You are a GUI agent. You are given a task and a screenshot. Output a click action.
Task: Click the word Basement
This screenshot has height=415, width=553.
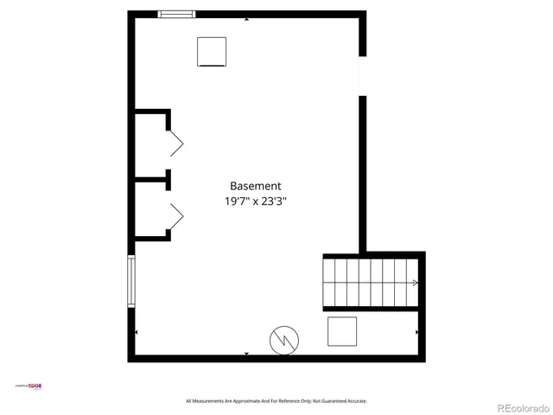click(x=255, y=186)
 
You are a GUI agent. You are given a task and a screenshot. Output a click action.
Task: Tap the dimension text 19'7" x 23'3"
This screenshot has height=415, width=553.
click(x=255, y=201)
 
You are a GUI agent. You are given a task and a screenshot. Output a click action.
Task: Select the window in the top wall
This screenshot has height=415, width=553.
click(x=176, y=14)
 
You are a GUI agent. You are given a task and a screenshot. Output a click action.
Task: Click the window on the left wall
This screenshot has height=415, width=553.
click(x=131, y=280)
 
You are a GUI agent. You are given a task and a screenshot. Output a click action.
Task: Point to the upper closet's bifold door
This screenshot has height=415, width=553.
click(x=176, y=143)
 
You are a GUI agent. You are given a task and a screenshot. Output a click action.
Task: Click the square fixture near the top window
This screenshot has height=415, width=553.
click(x=212, y=52)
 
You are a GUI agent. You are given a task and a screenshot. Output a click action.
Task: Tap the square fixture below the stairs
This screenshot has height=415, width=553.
click(x=342, y=331)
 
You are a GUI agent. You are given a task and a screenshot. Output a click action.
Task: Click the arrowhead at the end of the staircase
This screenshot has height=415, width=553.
click(x=415, y=283)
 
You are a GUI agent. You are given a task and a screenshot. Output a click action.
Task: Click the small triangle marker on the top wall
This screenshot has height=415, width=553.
click(x=247, y=19)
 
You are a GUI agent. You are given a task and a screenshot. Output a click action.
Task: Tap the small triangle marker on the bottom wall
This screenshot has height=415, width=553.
click(x=247, y=354)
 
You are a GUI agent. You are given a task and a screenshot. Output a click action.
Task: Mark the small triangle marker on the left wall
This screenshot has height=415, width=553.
click(x=136, y=332)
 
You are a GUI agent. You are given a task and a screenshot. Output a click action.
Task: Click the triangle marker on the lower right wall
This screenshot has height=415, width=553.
click(x=417, y=332)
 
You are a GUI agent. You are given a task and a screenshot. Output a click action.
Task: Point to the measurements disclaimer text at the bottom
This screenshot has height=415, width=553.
click(x=276, y=401)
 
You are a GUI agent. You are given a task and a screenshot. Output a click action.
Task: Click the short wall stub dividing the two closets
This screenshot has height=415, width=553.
click(x=151, y=181)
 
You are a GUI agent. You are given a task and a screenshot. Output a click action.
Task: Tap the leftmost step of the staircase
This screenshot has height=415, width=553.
click(x=329, y=283)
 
